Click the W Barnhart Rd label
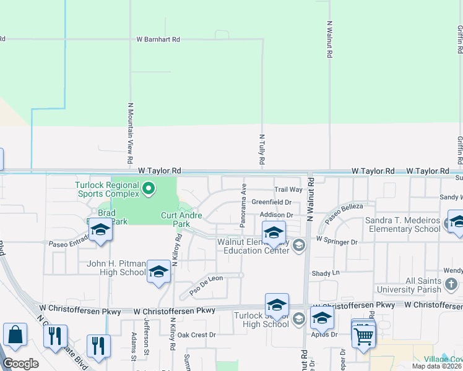click(x=158, y=39)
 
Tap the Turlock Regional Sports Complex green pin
click(x=148, y=188)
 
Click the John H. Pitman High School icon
click(x=158, y=271)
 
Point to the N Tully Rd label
click(x=262, y=150)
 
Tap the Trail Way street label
click(x=288, y=190)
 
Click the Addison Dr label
click(x=275, y=215)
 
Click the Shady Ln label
click(x=326, y=273)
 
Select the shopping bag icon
click(x=15, y=335)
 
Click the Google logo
click(x=20, y=364)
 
